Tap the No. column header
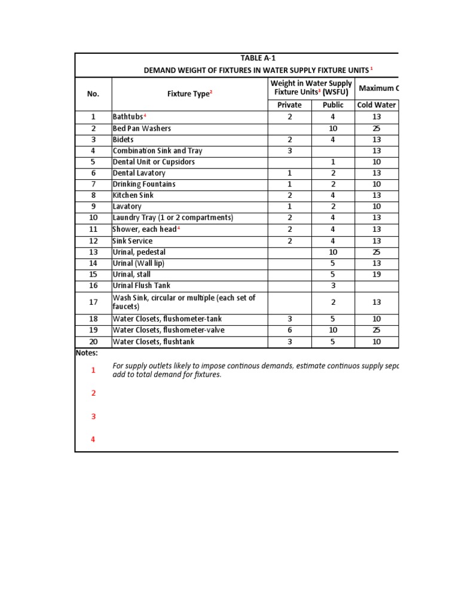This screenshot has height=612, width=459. (93, 94)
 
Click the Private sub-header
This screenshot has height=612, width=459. (290, 105)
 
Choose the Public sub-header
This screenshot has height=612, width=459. (333, 105)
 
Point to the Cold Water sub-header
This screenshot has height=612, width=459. (377, 105)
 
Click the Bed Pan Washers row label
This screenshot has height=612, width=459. (142, 128)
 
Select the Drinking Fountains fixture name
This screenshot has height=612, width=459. (144, 184)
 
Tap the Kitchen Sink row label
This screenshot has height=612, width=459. (133, 195)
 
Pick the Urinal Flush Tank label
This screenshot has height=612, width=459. (141, 286)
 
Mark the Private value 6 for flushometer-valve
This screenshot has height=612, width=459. (290, 330)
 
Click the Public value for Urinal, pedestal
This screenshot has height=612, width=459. (333, 252)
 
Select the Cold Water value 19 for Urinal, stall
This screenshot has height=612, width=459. (377, 274)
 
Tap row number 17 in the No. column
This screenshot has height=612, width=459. (93, 302)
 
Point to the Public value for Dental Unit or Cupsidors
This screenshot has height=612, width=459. (333, 162)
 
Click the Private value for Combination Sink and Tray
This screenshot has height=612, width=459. (290, 151)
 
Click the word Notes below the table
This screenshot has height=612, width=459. (87, 353)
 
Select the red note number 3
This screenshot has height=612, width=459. (93, 417)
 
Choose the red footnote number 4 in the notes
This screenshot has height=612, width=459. (93, 439)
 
